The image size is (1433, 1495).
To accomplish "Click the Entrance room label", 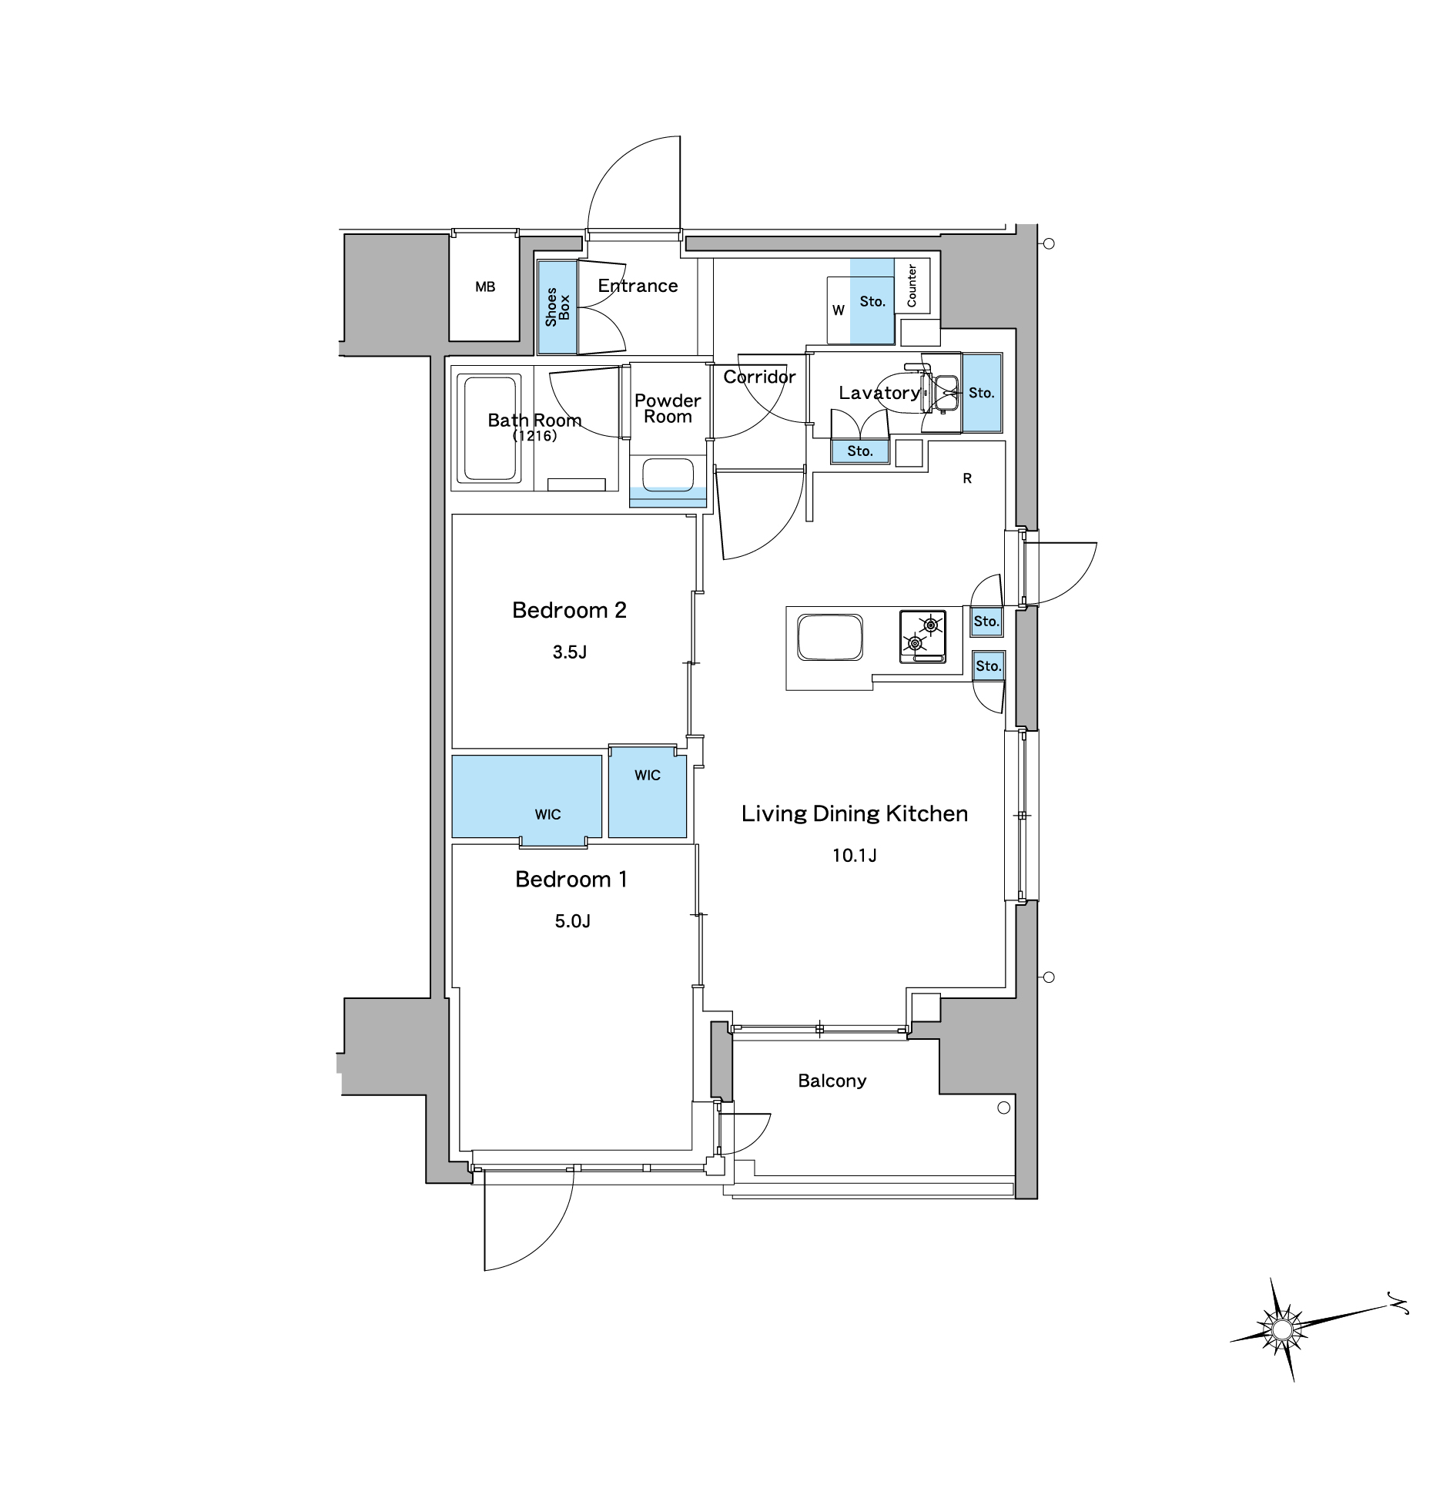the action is (x=638, y=286).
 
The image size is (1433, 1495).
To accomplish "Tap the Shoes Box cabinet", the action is (x=557, y=307).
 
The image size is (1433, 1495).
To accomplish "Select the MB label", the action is (x=485, y=287).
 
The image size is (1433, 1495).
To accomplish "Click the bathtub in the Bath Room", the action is (x=489, y=427).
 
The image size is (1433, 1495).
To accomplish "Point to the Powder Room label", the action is (x=668, y=408).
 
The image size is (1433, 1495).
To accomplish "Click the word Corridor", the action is (x=759, y=377).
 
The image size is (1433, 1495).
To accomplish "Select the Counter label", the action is (x=912, y=286).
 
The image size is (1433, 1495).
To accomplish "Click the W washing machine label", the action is (x=839, y=310).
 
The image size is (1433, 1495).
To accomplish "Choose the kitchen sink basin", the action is (x=830, y=637).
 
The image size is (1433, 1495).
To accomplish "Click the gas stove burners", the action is (x=922, y=636).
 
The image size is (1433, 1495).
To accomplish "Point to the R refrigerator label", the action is (x=967, y=478).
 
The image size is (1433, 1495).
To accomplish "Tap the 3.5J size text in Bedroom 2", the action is (x=570, y=652).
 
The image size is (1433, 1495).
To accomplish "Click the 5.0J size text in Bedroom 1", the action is (x=573, y=921).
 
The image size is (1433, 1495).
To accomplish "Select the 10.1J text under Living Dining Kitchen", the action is (x=855, y=855).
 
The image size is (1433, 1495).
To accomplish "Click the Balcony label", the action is (x=832, y=1081).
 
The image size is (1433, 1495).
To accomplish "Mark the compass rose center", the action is (x=1281, y=1329).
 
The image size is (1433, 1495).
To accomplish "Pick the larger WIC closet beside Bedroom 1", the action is (x=527, y=796).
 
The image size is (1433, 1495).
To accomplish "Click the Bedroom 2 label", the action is (x=570, y=610).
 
